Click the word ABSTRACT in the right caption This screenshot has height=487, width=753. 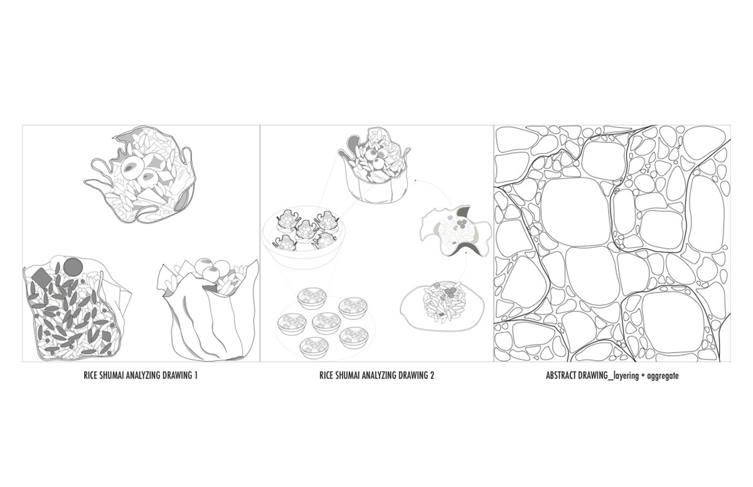562,375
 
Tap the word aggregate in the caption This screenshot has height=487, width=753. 662,376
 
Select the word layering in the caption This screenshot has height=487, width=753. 626,376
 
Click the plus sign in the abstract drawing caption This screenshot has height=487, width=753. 643,376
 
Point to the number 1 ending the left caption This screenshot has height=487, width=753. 195,375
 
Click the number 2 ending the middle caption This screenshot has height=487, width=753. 432,375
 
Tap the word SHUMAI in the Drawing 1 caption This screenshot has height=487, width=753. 112,375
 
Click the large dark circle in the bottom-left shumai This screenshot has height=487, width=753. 73,267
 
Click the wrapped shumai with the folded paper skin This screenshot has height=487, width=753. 208,309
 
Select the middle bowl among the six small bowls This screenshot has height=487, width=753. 324,323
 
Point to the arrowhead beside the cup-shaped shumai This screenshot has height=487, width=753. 416,181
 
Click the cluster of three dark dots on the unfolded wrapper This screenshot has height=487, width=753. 462,224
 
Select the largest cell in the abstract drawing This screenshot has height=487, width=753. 575,212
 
